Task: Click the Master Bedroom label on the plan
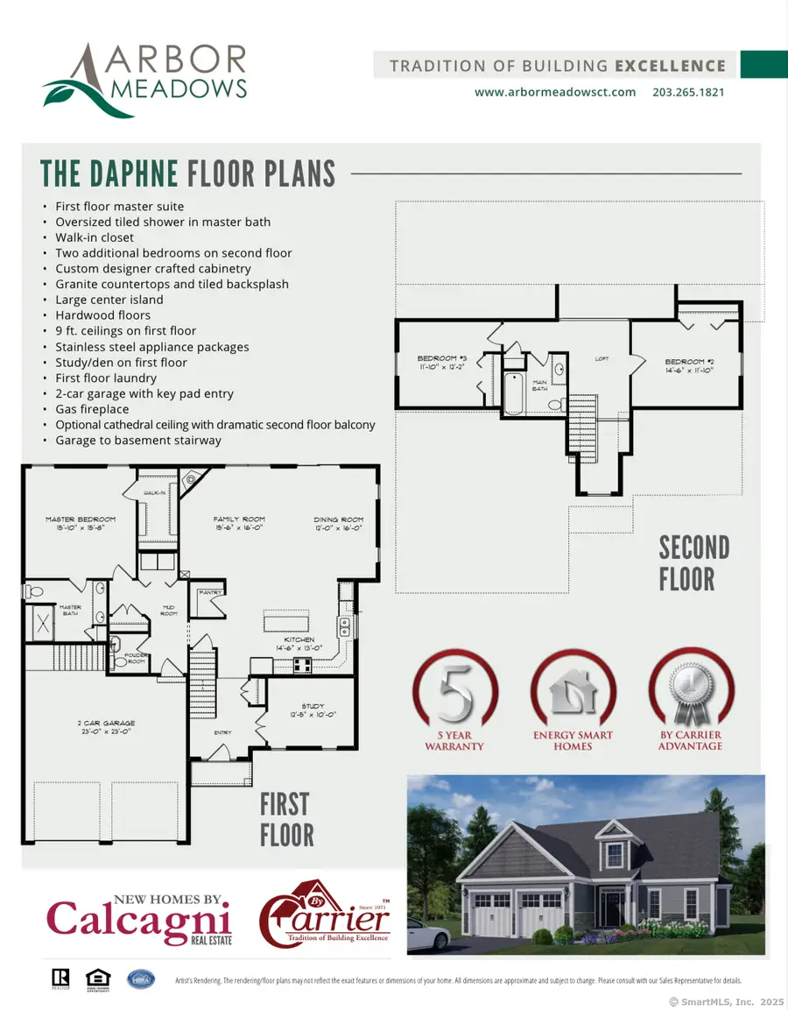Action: click(x=81, y=519)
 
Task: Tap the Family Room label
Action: click(x=239, y=519)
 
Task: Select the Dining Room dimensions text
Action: click(x=340, y=529)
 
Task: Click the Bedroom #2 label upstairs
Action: click(x=685, y=362)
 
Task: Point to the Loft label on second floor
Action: click(x=602, y=358)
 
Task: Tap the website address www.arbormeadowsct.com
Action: click(x=555, y=92)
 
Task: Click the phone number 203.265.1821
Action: click(x=688, y=92)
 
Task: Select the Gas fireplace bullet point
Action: click(x=91, y=409)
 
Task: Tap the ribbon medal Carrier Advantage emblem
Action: click(x=690, y=695)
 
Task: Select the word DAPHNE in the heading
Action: click(x=133, y=173)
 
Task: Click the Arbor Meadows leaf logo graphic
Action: click(x=88, y=91)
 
